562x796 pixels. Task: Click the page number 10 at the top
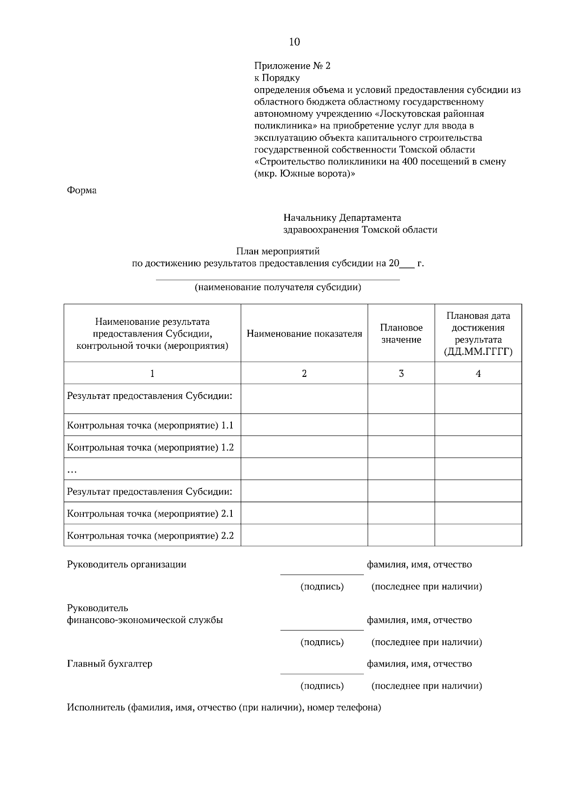point(294,42)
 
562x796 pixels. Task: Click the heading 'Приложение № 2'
point(292,66)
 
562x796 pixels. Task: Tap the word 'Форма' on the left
point(81,190)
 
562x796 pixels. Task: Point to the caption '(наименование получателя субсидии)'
point(278,287)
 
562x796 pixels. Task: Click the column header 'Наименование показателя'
point(304,334)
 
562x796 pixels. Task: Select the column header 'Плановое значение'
point(401,333)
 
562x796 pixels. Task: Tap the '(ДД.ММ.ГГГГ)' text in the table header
point(478,352)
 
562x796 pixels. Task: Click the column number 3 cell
point(401,374)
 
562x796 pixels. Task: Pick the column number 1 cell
point(152,374)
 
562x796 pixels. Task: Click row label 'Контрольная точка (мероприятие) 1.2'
point(150,447)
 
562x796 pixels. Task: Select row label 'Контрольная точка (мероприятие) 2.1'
point(150,513)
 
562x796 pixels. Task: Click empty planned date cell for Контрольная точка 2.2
point(478,535)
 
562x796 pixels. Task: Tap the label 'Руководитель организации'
point(126,564)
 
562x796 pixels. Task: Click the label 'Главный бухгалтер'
point(110,664)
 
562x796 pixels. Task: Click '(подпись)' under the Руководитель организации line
point(322,586)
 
